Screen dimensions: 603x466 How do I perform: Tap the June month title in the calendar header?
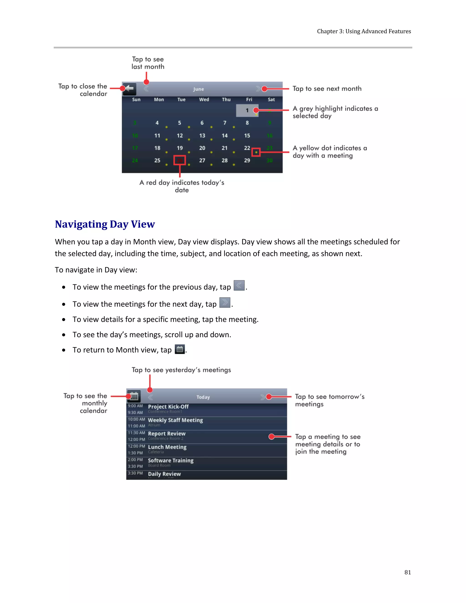(198, 89)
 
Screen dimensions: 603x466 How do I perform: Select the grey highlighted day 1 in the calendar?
(247, 110)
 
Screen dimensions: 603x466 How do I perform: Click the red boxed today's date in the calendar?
(180, 160)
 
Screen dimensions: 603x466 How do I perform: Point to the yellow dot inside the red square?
(256, 152)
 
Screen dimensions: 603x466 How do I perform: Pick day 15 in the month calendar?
(247, 136)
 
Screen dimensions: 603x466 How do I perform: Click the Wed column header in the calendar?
(204, 100)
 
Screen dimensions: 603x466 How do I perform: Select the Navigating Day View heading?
(105, 224)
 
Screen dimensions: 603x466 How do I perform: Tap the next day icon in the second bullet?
(225, 303)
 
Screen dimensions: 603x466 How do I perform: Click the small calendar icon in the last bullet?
(180, 349)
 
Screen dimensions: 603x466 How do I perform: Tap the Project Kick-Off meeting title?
(168, 407)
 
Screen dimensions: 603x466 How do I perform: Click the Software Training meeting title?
(171, 461)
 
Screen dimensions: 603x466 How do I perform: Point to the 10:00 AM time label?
(136, 419)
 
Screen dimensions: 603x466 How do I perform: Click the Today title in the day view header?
(203, 397)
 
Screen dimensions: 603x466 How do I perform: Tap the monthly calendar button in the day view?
(134, 396)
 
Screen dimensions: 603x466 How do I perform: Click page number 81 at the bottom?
(408, 572)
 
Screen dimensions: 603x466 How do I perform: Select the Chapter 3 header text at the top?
(364, 31)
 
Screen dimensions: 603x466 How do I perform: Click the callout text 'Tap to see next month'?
(327, 89)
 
